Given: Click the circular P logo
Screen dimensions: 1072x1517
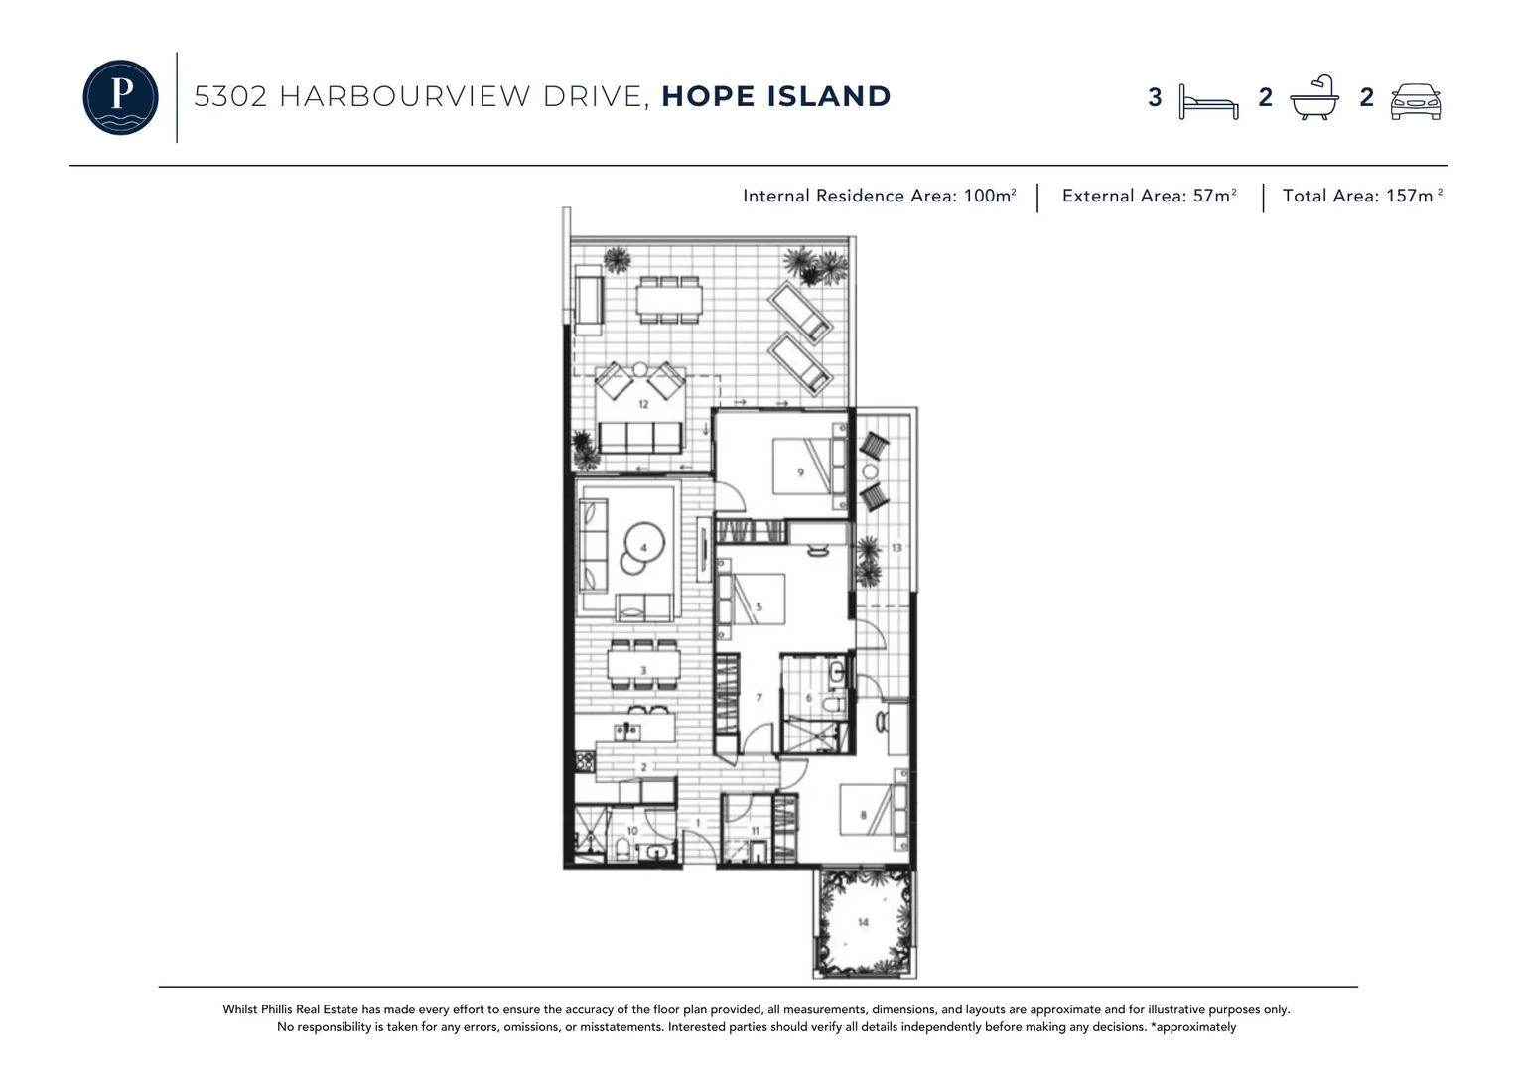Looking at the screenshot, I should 120,97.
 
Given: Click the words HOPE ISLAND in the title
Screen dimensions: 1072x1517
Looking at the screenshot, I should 776,96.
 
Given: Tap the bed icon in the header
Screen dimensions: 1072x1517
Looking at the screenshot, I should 1208,101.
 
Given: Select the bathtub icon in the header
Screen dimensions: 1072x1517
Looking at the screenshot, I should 1313,98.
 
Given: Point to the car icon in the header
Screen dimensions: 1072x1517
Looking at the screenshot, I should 1415,101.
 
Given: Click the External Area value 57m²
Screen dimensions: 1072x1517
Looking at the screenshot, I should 1214,196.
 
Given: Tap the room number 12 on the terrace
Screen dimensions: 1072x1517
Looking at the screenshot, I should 643,404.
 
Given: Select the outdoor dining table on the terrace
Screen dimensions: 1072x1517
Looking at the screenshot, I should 669,299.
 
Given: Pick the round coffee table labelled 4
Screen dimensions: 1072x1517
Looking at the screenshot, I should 644,547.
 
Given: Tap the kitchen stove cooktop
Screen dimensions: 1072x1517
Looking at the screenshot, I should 583,762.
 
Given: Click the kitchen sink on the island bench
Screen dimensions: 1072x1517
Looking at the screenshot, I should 627,733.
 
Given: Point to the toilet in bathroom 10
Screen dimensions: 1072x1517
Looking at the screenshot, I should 621,849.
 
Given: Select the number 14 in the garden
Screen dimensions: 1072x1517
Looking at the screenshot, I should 863,922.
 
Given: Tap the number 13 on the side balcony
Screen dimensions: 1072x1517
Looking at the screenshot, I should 896,548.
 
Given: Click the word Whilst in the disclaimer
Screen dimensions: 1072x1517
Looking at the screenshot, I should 239,1009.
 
